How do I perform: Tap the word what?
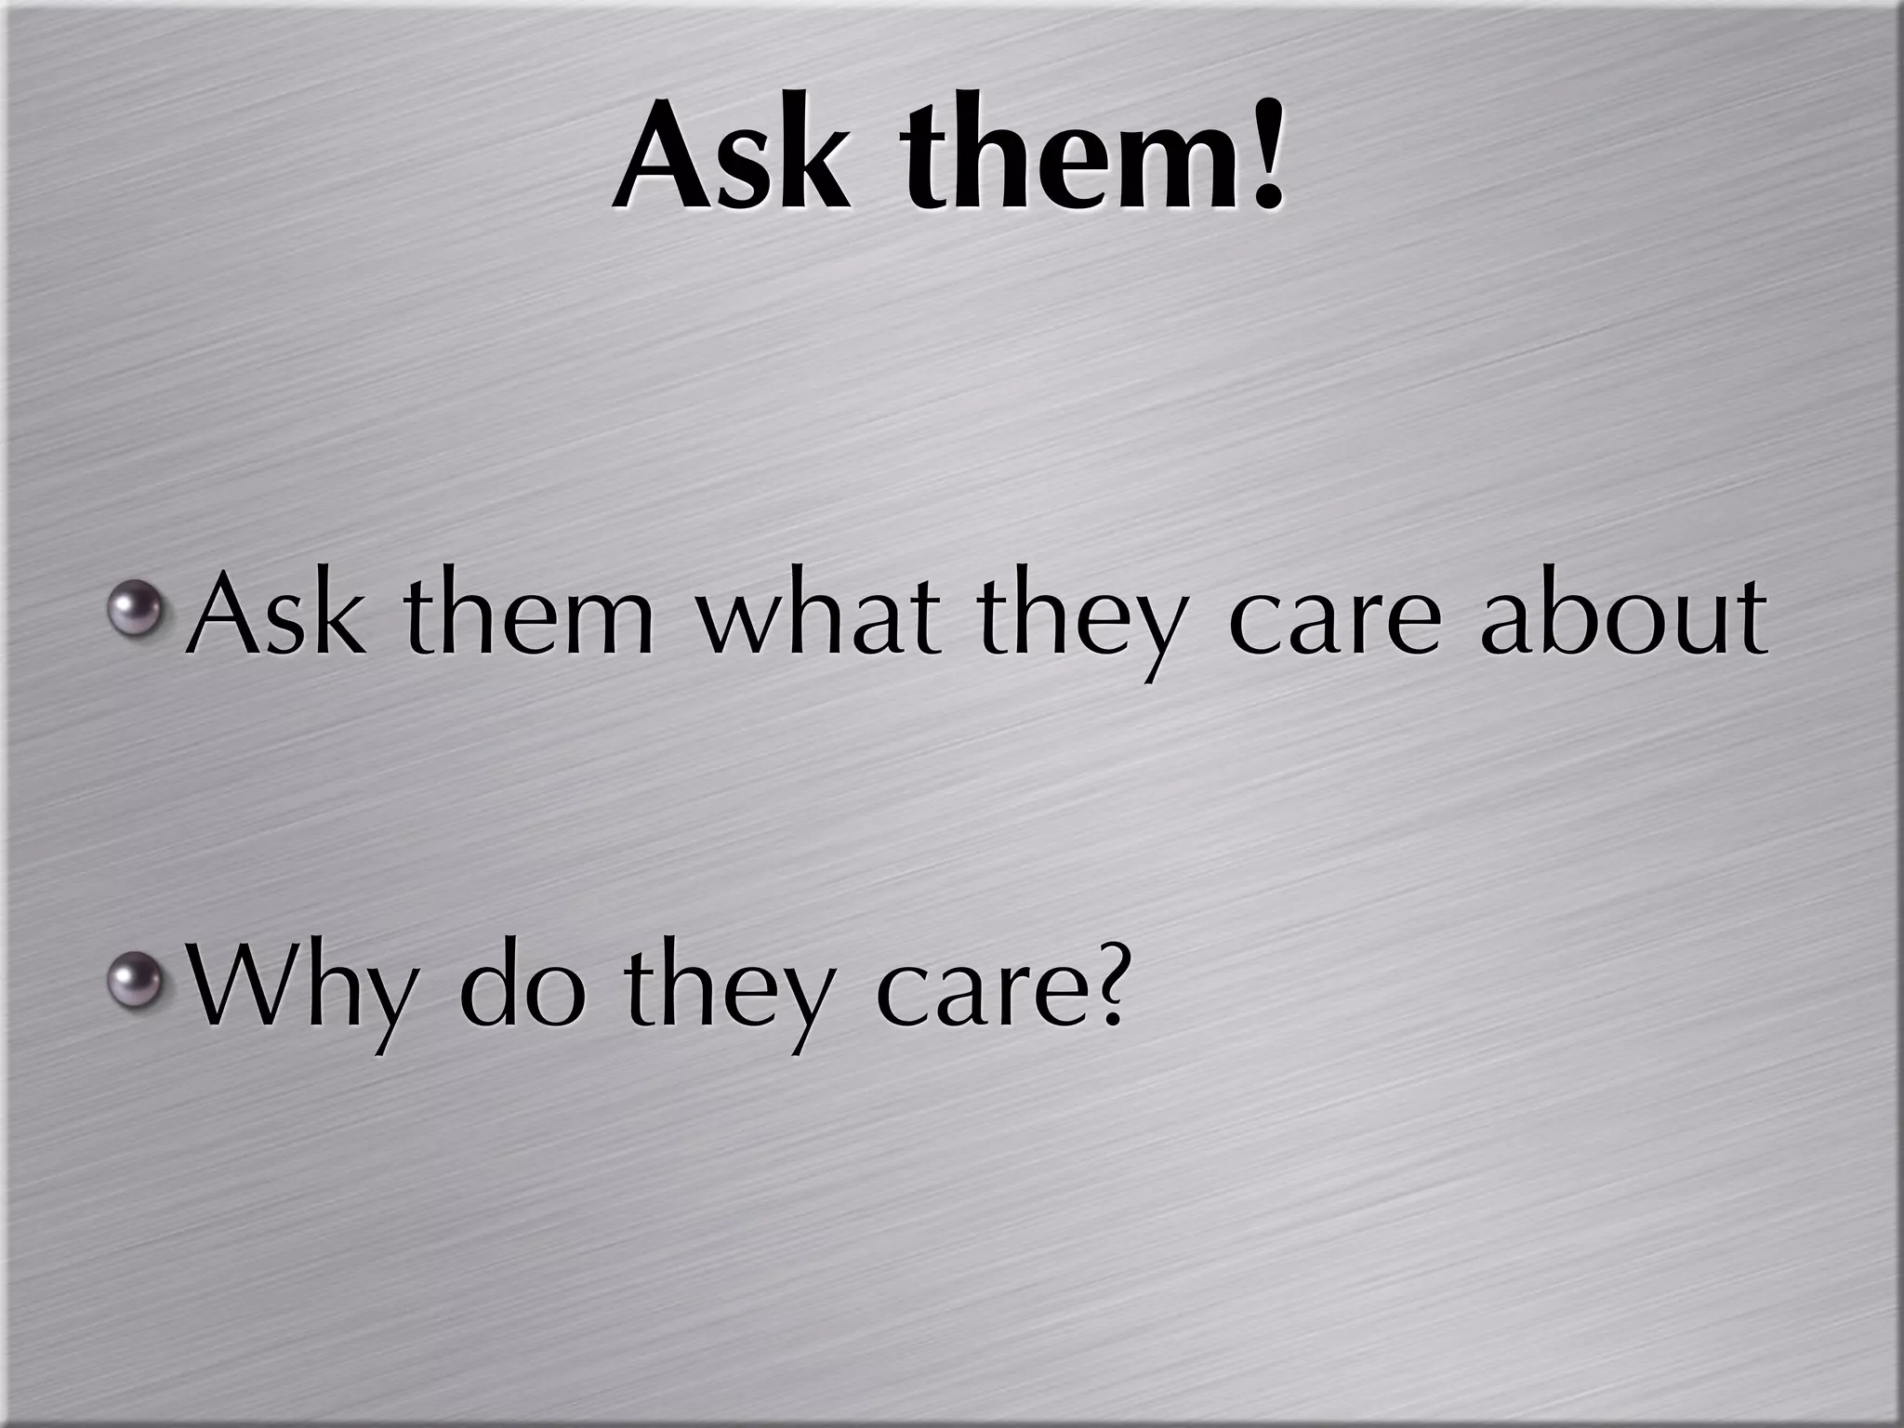[x=818, y=614]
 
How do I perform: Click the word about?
[x=1622, y=614]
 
